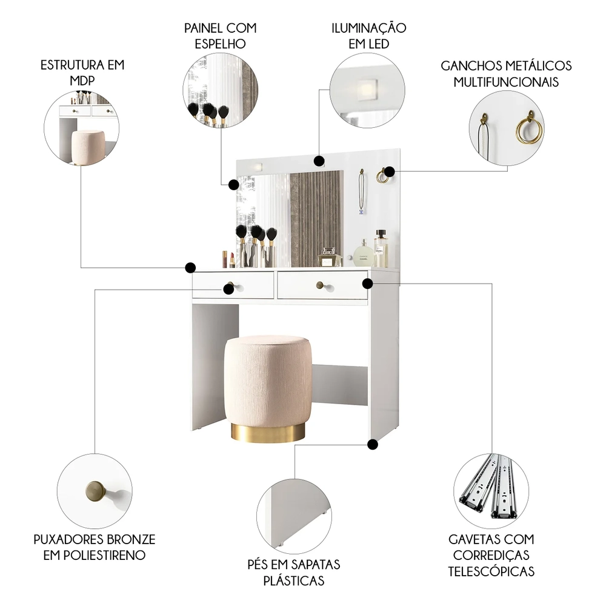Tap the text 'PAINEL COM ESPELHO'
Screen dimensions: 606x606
[x=221, y=36]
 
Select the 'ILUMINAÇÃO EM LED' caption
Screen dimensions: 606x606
[x=368, y=36]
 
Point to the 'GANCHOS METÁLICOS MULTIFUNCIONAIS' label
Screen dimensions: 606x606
[x=506, y=73]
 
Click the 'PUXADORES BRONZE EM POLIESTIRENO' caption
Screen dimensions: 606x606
[x=94, y=547]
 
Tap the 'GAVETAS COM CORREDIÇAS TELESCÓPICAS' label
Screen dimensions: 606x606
[x=491, y=554]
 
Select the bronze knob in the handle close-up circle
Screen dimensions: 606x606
[x=96, y=490]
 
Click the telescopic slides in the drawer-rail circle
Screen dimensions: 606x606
[x=490, y=487]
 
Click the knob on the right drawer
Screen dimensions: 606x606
[x=320, y=284]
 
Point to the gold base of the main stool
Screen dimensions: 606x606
[x=268, y=432]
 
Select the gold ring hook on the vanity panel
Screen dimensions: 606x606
[x=382, y=176]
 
